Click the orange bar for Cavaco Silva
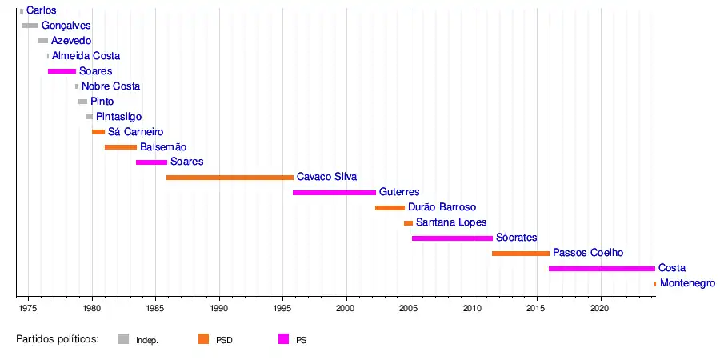click(230, 178)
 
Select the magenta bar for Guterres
click(334, 193)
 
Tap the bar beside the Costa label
click(602, 269)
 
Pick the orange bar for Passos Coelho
click(521, 254)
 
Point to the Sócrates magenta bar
click(452, 238)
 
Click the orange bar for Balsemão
click(121, 147)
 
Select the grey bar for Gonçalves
click(30, 26)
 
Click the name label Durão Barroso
click(442, 207)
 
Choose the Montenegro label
click(687, 283)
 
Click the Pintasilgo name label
click(119, 117)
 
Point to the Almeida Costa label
click(86, 56)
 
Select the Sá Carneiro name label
click(136, 132)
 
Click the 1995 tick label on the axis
click(282, 307)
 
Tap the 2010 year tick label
click(474, 307)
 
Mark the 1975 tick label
click(28, 307)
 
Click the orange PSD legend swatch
click(203, 339)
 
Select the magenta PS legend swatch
click(283, 339)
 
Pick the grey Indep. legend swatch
click(123, 339)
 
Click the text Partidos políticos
click(58, 339)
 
